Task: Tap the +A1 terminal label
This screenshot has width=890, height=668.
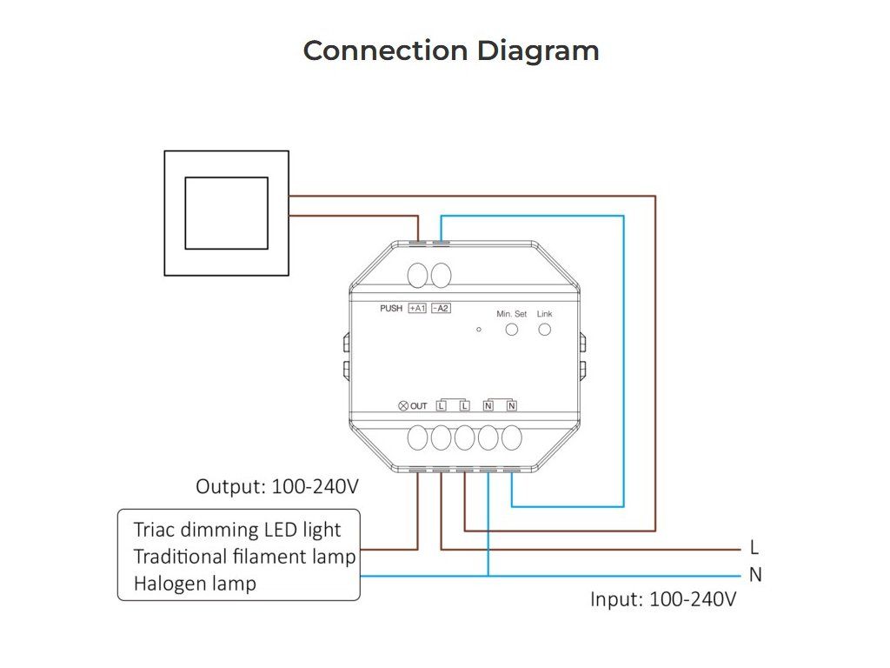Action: click(x=418, y=309)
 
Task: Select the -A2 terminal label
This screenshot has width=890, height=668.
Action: click(x=441, y=309)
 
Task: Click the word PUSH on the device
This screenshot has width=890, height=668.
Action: click(x=391, y=309)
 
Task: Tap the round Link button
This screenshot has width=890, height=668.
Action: click(x=545, y=330)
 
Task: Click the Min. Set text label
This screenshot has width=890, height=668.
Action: click(x=511, y=313)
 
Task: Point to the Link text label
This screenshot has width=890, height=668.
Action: click(x=545, y=313)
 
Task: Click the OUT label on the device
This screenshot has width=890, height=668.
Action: click(x=419, y=406)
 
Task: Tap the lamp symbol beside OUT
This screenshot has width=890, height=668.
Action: click(x=402, y=406)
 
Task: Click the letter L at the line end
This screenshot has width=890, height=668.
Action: click(x=754, y=548)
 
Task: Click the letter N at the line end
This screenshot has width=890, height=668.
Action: click(x=755, y=575)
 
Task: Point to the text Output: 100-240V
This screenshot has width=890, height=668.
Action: click(x=277, y=486)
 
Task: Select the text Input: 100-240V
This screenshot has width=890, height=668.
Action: click(x=663, y=599)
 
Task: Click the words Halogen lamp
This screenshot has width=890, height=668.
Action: click(x=195, y=584)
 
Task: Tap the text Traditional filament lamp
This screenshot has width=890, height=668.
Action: click(x=244, y=557)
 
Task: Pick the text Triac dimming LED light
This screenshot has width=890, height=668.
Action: click(x=237, y=530)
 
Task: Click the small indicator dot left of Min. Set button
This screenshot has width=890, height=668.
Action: click(x=479, y=330)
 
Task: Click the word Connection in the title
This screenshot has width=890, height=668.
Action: click(x=387, y=50)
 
